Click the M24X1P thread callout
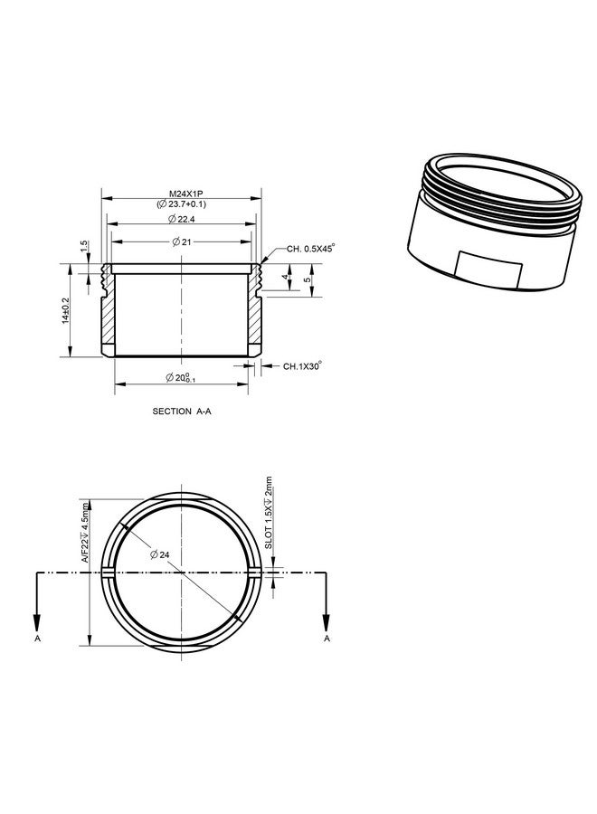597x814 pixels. click(x=182, y=194)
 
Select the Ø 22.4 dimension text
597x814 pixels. click(x=181, y=219)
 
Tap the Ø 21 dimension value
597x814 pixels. click(x=182, y=241)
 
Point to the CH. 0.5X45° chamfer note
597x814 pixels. click(x=310, y=248)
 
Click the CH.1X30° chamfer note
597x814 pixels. click(x=302, y=366)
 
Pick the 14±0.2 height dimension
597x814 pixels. click(x=65, y=310)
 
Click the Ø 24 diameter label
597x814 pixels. click(x=159, y=555)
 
